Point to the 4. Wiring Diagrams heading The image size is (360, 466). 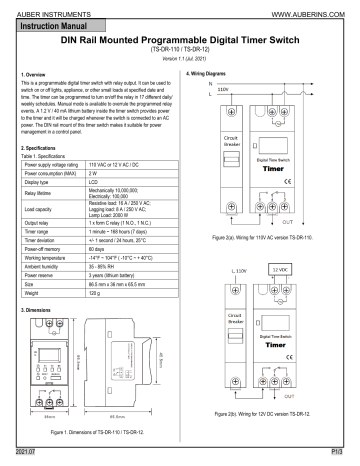tap(213, 74)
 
